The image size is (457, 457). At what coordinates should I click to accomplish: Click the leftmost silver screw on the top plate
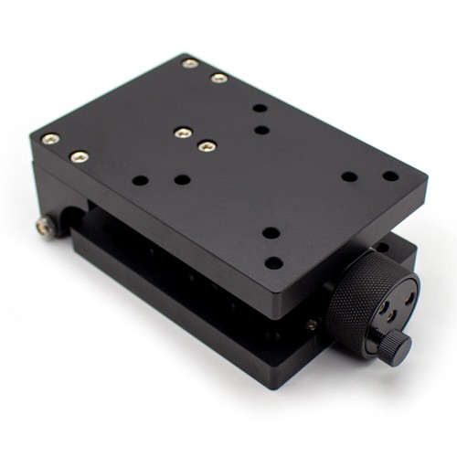click(50, 139)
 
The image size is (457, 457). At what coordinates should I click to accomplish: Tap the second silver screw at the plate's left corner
click(80, 156)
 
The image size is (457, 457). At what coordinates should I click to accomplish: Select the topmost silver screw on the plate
click(190, 63)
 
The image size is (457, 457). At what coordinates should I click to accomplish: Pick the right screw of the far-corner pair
click(219, 78)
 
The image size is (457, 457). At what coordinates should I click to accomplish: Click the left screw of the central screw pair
click(183, 133)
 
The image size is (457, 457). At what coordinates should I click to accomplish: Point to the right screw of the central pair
click(207, 145)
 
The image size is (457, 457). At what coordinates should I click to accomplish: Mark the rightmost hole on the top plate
click(390, 176)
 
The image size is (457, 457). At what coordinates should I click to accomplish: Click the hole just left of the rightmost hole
click(349, 176)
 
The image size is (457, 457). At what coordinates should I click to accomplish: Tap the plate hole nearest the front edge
click(273, 262)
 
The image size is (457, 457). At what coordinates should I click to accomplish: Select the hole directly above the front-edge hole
click(271, 232)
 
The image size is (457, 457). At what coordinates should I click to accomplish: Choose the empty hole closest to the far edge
click(260, 108)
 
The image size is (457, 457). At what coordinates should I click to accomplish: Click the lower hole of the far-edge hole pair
click(262, 130)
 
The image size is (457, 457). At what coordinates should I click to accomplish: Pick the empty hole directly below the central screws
click(182, 179)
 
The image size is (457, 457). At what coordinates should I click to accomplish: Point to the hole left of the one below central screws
click(140, 180)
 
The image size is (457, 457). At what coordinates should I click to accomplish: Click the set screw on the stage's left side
click(45, 225)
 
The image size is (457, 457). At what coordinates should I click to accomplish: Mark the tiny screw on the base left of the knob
click(312, 324)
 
